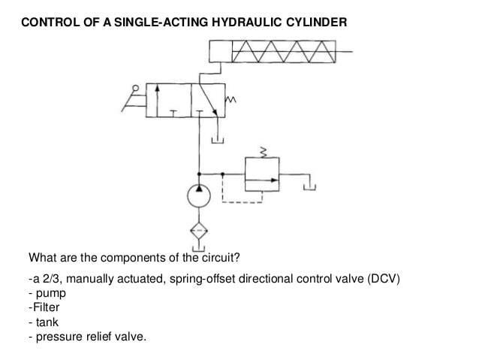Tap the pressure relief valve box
coord(245,174)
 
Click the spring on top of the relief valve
coord(263,153)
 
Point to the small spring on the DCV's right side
coord(230,100)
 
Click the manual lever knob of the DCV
coord(135,88)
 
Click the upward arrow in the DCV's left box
coord(157,101)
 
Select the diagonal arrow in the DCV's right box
coord(208,100)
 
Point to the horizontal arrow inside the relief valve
coord(262,180)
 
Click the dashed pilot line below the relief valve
coord(242,202)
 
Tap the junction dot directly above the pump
coord(199,174)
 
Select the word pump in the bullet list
coord(51,293)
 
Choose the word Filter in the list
coord(46,307)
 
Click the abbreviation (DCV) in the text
coord(384,279)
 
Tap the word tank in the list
coord(47,322)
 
